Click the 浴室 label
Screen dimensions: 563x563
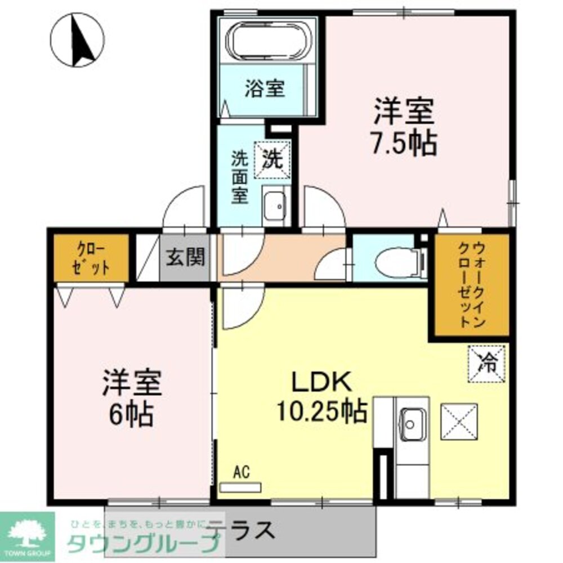pos(265,89)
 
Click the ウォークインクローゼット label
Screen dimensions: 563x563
pos(471,285)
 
